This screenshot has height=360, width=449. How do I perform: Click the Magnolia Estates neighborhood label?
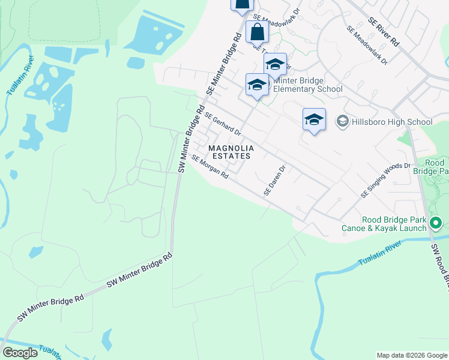coord(231,152)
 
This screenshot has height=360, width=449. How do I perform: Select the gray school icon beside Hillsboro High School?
coord(343,122)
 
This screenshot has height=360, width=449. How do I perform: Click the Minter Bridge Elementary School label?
coord(307,85)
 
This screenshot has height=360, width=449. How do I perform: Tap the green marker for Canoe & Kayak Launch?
coord(436,224)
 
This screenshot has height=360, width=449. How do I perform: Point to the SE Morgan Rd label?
coord(210,167)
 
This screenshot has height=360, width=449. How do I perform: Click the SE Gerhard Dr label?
coord(223,124)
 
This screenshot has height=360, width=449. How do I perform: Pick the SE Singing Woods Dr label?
coord(385,180)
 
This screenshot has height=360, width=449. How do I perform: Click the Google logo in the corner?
coord(20,353)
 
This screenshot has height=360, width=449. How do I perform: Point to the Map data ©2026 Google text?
coord(412,355)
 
